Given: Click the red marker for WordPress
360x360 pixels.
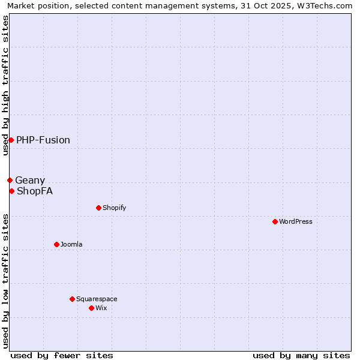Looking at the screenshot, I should (x=275, y=221).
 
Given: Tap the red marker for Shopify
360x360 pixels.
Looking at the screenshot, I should (x=98, y=208).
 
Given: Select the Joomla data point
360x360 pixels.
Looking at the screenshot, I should (x=57, y=244).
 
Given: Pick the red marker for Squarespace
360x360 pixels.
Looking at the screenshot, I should (x=72, y=299).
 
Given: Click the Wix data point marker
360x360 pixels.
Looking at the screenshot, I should (x=91, y=308).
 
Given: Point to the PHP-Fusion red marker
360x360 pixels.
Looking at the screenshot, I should (x=11, y=140).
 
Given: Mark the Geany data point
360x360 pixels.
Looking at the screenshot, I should (x=10, y=180).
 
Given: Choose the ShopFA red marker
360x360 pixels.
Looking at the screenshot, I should (x=11, y=191).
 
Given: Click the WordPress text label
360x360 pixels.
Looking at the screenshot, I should (x=296, y=221).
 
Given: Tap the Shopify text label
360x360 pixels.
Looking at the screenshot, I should (x=114, y=208).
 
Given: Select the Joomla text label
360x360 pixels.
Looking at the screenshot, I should (x=71, y=244).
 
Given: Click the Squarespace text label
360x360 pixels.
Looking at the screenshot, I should (x=97, y=299).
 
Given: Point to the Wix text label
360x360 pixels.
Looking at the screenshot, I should (x=101, y=308).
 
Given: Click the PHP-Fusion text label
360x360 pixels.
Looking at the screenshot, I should (x=43, y=140).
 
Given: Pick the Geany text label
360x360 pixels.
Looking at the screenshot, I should (x=30, y=180).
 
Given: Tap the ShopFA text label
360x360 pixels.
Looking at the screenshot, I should (x=35, y=191).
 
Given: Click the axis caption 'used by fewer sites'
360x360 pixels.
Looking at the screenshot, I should (x=62, y=355).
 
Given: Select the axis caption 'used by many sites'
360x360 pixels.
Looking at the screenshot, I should (x=301, y=355).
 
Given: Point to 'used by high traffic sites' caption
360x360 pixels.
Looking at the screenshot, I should (x=5, y=85).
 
